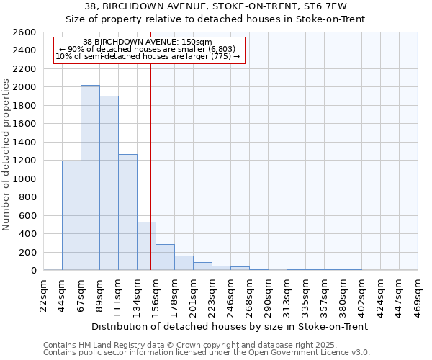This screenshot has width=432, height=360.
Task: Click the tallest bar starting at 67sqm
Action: [x=90, y=178]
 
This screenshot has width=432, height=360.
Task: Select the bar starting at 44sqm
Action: [x=71, y=215]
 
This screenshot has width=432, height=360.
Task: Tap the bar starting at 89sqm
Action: [x=109, y=183]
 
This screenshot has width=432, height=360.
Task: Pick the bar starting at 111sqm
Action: [x=127, y=212]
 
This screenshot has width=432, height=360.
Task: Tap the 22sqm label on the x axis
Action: [x=44, y=294]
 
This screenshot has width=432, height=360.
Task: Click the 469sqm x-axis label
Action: [x=418, y=294]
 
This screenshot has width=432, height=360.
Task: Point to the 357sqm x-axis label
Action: [x=325, y=294]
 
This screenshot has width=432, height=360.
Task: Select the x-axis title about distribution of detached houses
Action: [x=230, y=326]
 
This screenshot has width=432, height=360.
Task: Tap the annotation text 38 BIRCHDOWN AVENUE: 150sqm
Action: [x=147, y=42]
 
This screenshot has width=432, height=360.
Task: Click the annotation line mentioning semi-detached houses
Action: [x=147, y=56]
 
